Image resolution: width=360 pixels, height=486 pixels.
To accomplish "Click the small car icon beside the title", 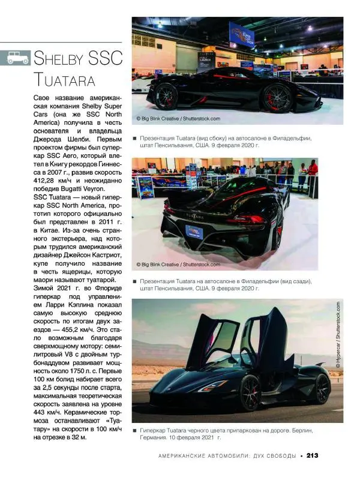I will [x=18, y=58].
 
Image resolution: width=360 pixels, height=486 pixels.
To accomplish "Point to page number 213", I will [x=312, y=455].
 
